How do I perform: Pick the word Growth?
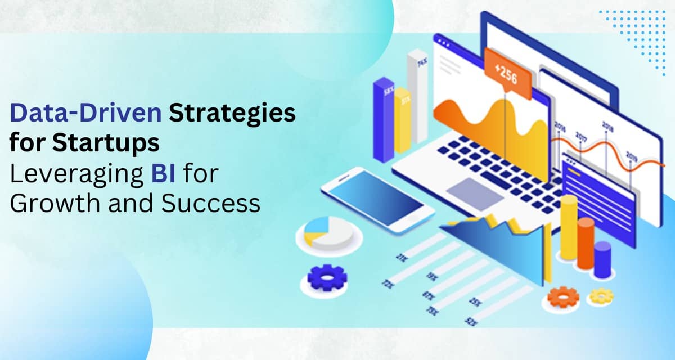53,203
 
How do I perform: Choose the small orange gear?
563,296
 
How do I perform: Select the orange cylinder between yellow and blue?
586,242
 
